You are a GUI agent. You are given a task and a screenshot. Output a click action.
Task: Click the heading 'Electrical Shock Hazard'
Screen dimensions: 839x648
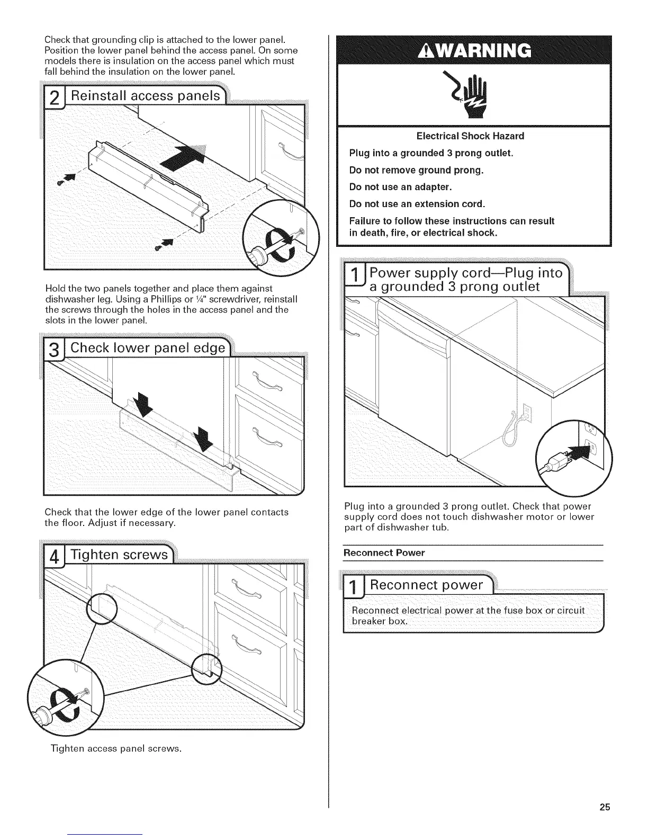coord(470,136)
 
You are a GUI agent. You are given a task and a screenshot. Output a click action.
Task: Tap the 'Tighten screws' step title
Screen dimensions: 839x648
coord(120,555)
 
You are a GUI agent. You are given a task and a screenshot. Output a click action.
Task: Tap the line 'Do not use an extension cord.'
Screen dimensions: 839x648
coord(417,204)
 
